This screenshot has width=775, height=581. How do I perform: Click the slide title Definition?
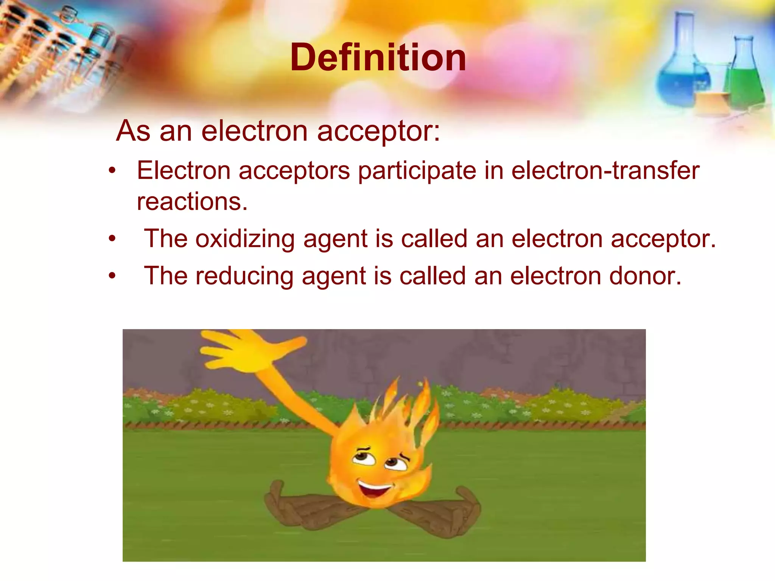(378, 57)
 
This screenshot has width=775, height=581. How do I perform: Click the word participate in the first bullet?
(417, 171)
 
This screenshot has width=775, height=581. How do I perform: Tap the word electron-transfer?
(605, 171)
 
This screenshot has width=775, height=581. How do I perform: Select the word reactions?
(192, 201)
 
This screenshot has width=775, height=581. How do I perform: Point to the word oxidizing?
(245, 239)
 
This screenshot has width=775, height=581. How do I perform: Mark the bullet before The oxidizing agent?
(112, 239)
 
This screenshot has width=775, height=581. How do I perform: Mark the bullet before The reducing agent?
(112, 276)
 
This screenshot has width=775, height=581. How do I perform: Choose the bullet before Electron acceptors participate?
(112, 171)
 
